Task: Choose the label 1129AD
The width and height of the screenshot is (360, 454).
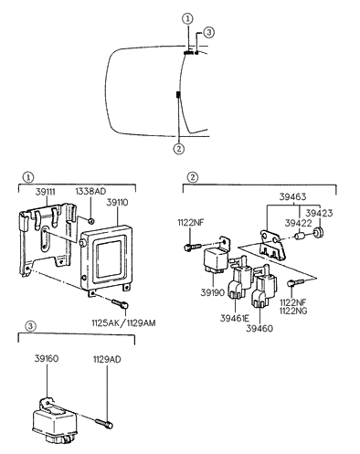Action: click(x=107, y=359)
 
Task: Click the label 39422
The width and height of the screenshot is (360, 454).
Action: click(x=296, y=222)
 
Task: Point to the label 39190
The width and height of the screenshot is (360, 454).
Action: click(x=213, y=294)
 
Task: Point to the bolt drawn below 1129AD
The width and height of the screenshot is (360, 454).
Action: click(x=101, y=421)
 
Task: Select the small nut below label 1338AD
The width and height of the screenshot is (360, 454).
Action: click(x=92, y=221)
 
